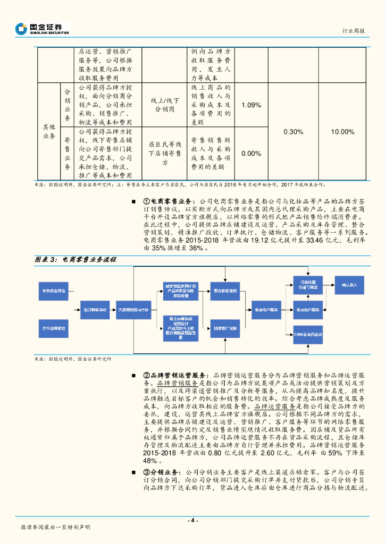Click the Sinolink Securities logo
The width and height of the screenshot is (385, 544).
pos(42,29)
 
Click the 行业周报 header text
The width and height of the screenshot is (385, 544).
pos(354,31)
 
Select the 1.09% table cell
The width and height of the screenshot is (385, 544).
pos(251,105)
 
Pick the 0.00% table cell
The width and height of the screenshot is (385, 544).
pos(251,154)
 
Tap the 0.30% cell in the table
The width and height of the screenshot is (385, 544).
pos(294,132)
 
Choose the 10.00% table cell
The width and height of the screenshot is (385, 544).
pos(342,132)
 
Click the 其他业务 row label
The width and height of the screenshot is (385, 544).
pos(49,132)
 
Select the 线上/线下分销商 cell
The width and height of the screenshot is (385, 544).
pos(164,105)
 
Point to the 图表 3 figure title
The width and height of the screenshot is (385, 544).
pos(75,260)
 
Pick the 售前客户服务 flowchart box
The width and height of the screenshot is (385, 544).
pos(264,309)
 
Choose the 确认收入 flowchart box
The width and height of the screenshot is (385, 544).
pos(349,285)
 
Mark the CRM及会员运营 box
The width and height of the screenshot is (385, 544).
pos(308,335)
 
